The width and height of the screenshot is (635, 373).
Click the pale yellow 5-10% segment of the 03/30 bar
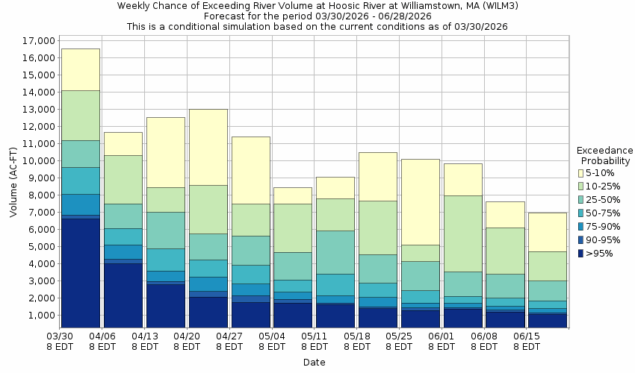point(80,69)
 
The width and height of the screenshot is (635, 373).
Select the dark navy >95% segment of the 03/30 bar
point(80,272)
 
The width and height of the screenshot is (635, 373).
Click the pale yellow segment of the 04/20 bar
point(208,147)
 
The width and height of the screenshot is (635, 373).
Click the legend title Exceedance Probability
point(605,155)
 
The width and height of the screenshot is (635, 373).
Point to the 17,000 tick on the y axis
point(35,40)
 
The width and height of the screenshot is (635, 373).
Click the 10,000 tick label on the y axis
point(35,160)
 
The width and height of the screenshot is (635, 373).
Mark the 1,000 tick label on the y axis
point(37,315)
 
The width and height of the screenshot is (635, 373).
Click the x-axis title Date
point(314,363)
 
